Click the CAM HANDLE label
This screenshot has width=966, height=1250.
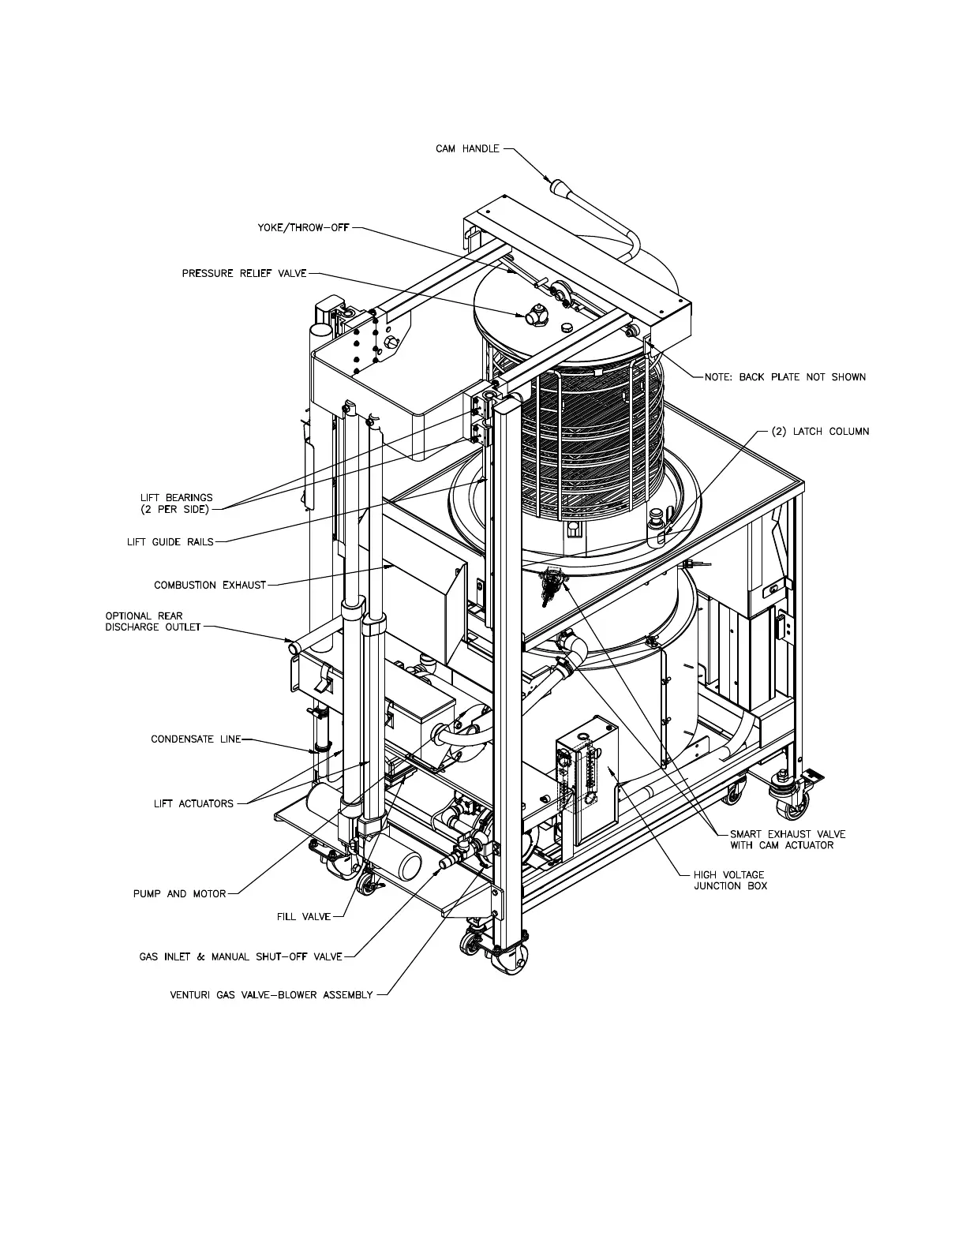(x=467, y=148)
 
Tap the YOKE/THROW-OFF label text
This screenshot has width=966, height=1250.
(x=303, y=228)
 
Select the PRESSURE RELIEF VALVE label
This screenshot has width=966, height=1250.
(x=244, y=274)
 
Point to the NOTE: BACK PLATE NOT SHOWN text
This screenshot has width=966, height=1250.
(x=785, y=377)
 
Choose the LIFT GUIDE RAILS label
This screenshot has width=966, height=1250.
(x=170, y=542)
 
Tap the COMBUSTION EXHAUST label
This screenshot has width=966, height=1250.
(x=210, y=586)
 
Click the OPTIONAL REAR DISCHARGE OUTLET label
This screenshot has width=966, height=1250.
(x=152, y=622)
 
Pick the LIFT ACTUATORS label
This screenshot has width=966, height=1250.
(x=193, y=804)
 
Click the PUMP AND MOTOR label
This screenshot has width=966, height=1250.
(x=179, y=894)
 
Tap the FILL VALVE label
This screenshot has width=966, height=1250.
(x=304, y=917)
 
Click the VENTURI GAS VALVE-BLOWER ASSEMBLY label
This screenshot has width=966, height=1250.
(x=271, y=995)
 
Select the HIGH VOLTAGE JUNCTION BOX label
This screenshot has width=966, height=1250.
(x=729, y=880)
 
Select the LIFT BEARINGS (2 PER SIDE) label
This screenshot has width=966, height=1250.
(x=176, y=503)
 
